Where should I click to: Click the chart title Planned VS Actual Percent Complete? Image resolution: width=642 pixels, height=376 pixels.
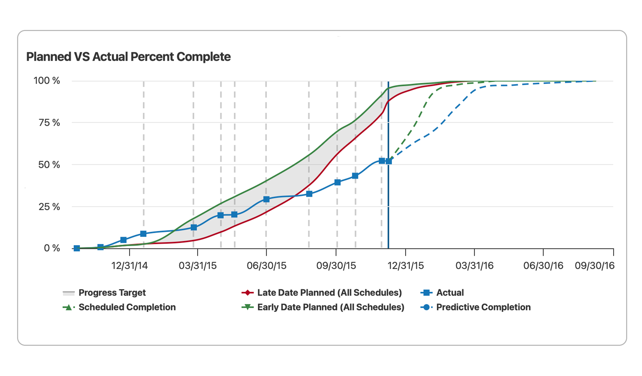(x=128, y=57)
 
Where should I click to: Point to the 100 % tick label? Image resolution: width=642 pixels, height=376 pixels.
(x=47, y=81)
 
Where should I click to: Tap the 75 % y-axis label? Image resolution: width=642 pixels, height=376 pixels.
(x=49, y=123)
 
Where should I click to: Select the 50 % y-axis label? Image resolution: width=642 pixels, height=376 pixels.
(x=49, y=165)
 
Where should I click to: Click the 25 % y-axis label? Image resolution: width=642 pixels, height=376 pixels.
(x=49, y=207)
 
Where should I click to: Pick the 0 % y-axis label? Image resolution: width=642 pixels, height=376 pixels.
(x=52, y=248)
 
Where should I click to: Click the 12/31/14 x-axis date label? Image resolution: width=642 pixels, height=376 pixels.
(x=129, y=266)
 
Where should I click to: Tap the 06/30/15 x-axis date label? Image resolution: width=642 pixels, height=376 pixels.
(x=266, y=266)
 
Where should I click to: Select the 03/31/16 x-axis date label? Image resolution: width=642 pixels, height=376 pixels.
(x=474, y=266)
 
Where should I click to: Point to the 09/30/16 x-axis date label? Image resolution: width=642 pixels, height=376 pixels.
(x=595, y=266)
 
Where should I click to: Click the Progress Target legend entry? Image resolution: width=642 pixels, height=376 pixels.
(x=112, y=293)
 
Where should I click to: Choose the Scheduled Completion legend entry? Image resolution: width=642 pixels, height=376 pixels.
(x=127, y=307)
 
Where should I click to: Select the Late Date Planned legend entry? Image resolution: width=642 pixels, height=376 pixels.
(x=329, y=293)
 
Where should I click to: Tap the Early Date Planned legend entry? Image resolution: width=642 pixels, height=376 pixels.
(x=331, y=307)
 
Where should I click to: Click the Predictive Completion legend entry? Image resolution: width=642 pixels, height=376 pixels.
(x=483, y=307)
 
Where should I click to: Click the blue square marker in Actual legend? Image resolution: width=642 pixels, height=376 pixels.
(x=426, y=293)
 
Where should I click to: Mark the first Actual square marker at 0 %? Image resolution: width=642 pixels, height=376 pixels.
(x=77, y=248)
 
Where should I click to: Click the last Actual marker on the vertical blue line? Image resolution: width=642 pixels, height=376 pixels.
(x=388, y=161)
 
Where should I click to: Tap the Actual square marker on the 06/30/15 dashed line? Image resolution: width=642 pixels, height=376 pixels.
(x=266, y=199)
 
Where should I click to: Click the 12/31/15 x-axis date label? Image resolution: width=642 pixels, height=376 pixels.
(x=406, y=266)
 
